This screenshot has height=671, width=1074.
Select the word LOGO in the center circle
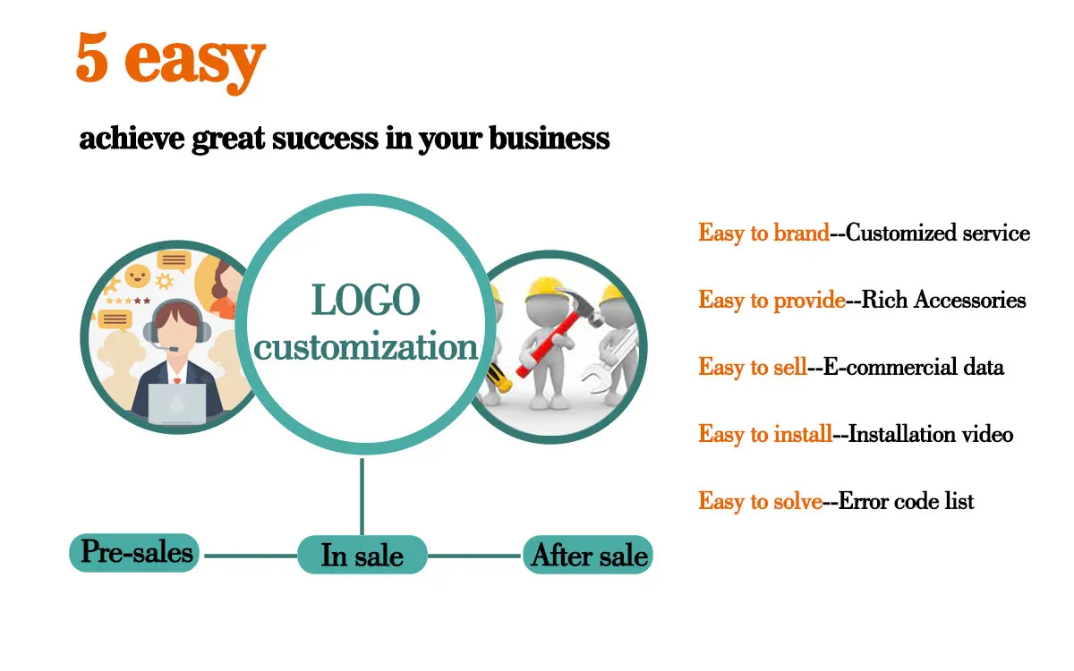point(365,301)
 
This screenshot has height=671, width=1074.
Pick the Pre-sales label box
point(135,552)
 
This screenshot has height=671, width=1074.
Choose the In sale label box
point(362,556)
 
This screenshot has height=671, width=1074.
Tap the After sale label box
point(588,556)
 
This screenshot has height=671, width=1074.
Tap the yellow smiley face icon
point(137,275)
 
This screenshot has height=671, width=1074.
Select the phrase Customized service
point(938,234)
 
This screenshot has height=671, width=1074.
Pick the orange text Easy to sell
point(753,368)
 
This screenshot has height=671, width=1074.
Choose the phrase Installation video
point(931,435)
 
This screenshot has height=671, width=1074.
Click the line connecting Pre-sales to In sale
point(251,556)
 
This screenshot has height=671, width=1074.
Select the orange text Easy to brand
point(763,234)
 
